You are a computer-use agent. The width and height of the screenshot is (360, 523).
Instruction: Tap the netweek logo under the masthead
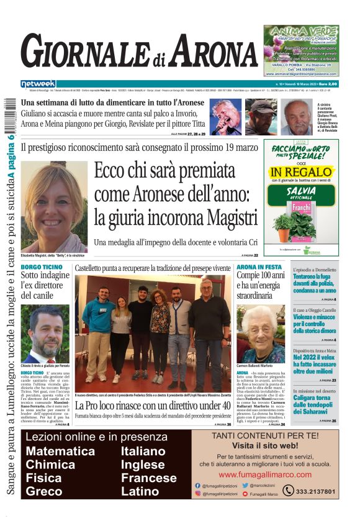click(x=38, y=84)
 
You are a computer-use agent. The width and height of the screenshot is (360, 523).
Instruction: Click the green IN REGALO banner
click(x=301, y=171)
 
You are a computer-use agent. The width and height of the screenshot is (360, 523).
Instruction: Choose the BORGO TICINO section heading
click(x=42, y=267)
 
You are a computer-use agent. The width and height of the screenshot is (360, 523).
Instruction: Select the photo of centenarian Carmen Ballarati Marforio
click(x=261, y=334)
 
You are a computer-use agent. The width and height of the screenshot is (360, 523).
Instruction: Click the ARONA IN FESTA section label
click(x=259, y=266)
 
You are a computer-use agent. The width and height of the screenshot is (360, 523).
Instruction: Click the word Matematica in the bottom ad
click(x=61, y=451)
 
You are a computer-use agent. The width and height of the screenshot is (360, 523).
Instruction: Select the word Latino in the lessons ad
click(x=140, y=491)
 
